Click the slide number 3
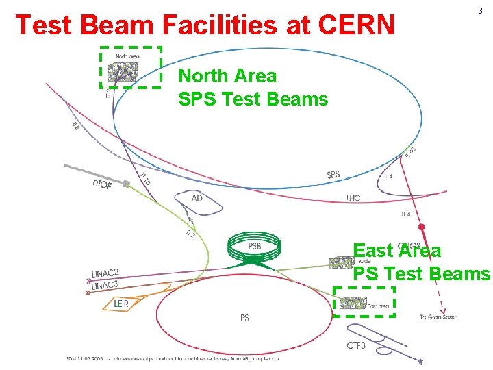click(480, 11)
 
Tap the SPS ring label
click(333, 175)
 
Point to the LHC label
click(353, 199)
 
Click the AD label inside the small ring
click(197, 199)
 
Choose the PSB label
click(254, 246)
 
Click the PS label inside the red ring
click(244, 318)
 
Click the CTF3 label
click(356, 345)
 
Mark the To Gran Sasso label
click(438, 317)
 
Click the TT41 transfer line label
click(406, 214)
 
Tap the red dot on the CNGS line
click(422, 227)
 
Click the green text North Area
click(227, 75)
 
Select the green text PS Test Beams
click(421, 273)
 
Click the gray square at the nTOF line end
click(126, 183)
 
